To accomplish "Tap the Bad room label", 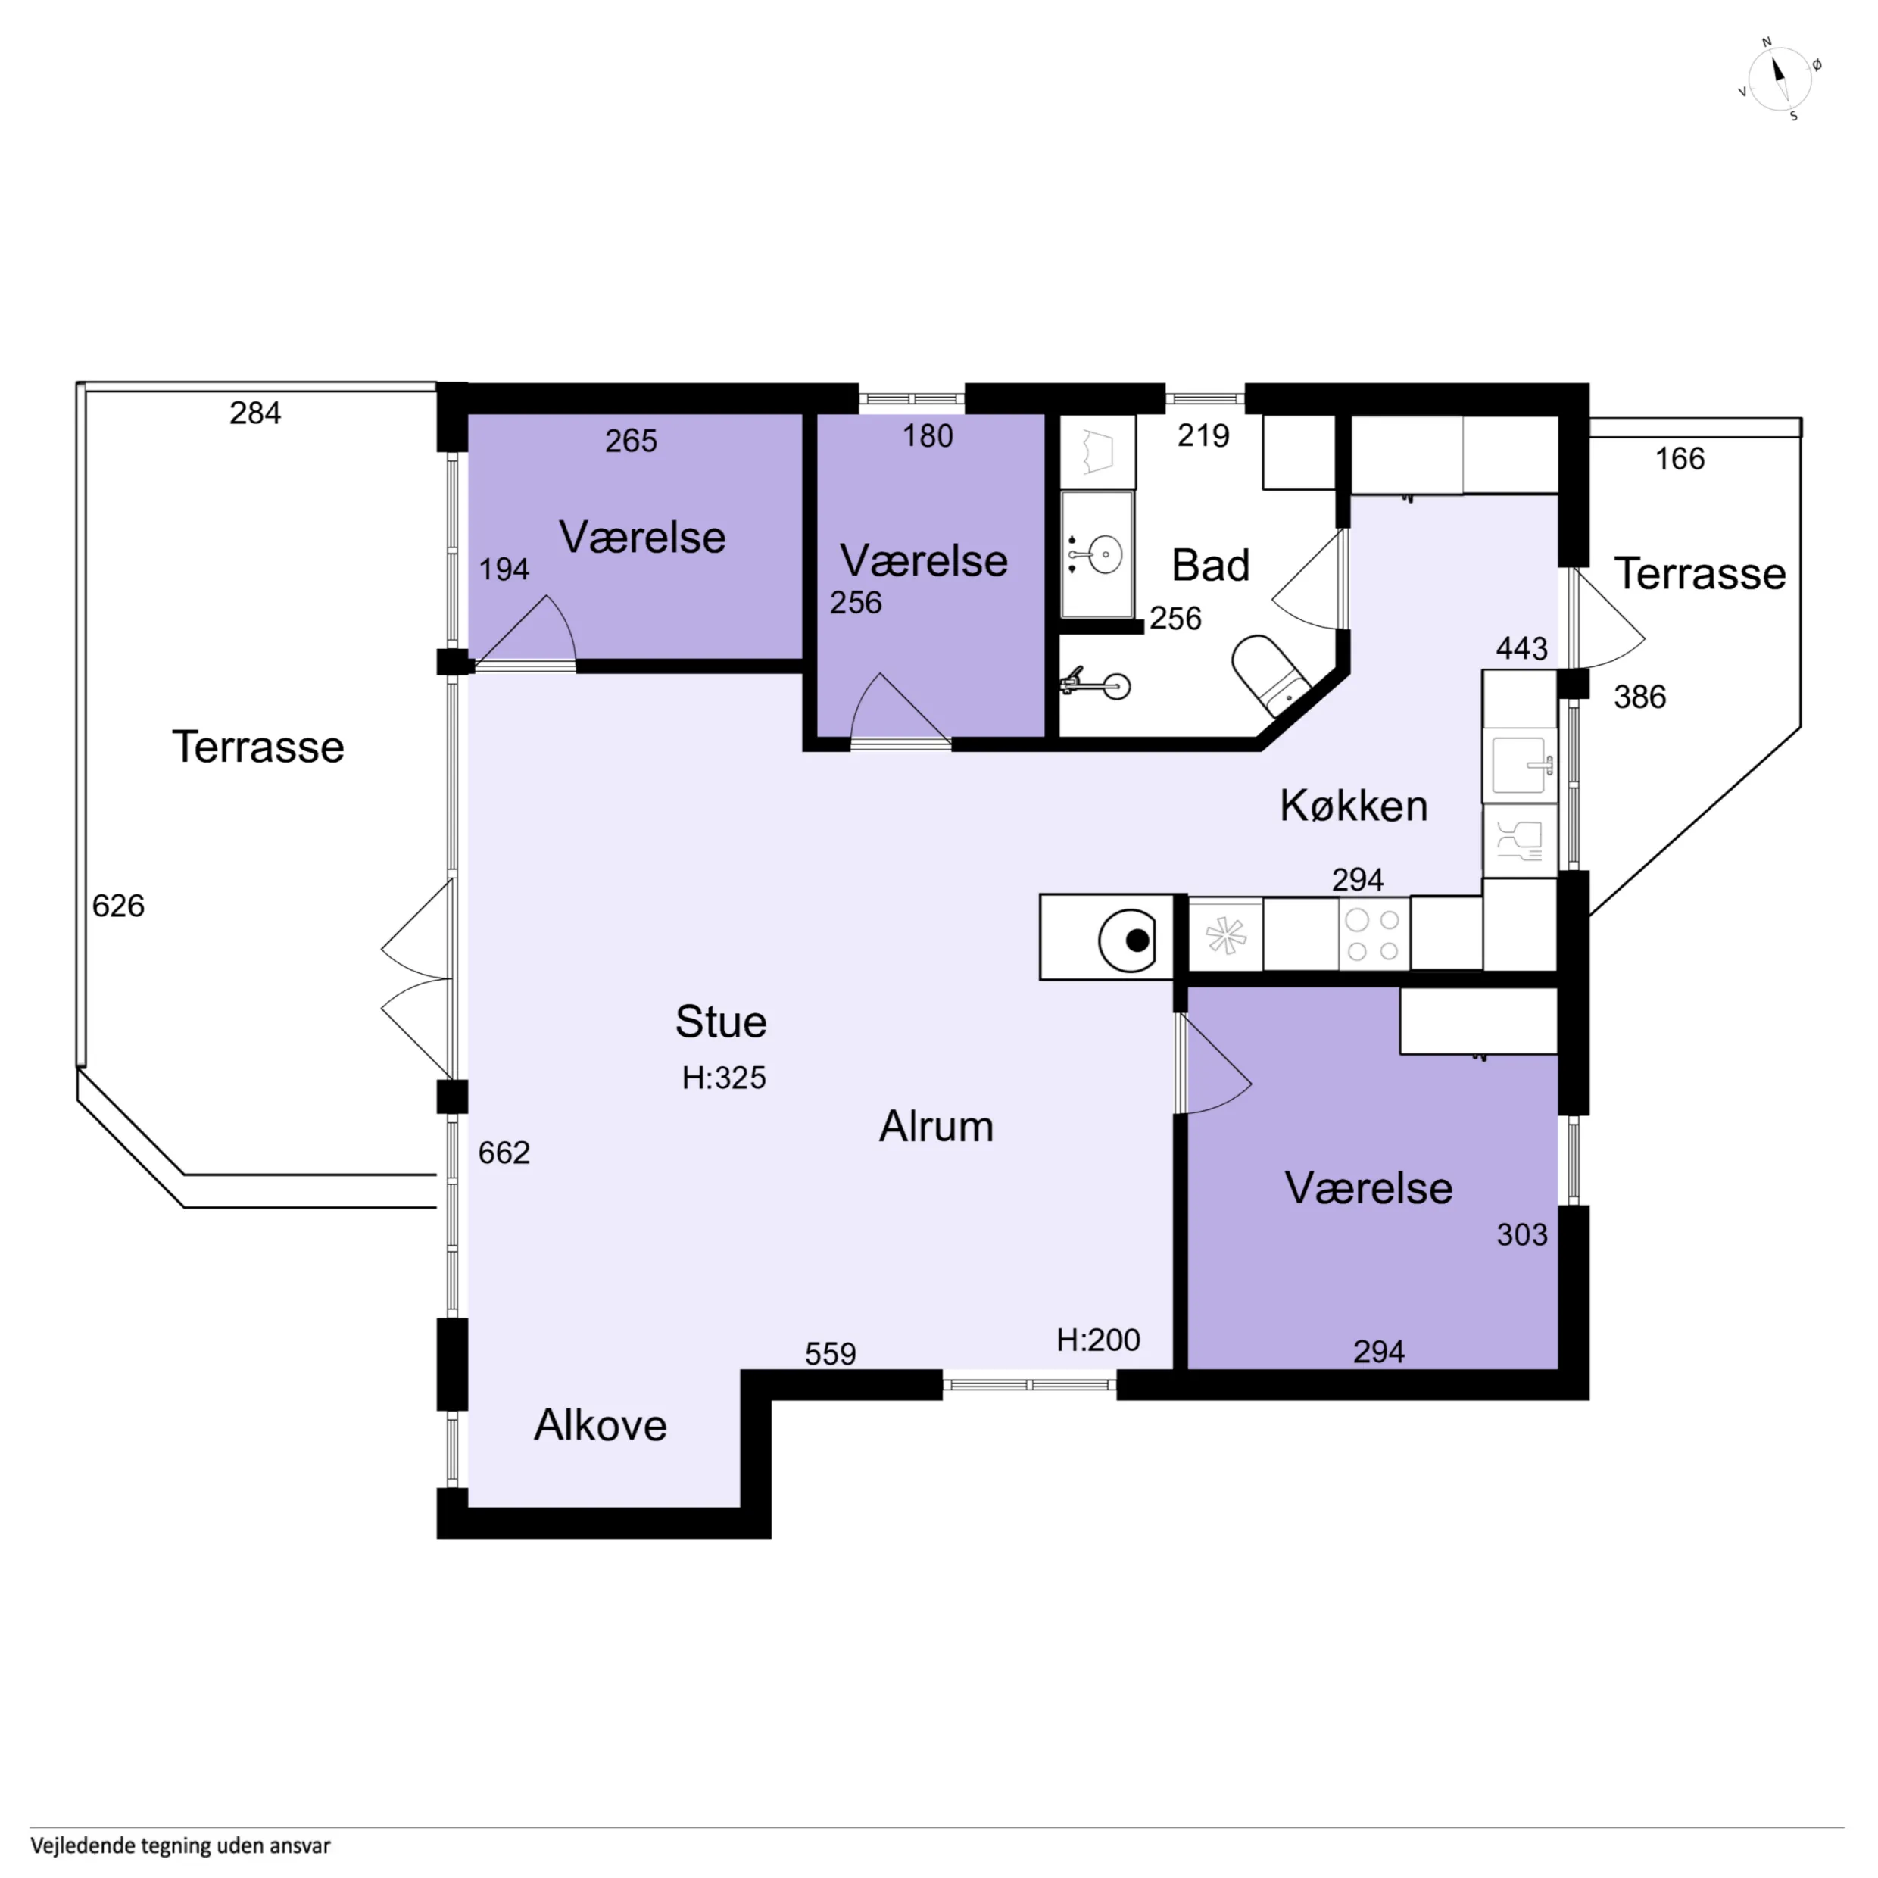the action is [x=1210, y=566].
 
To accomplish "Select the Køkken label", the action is [x=1353, y=806].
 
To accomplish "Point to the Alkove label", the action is [x=601, y=1425].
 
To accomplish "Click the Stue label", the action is [x=721, y=1022].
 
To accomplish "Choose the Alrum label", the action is [x=936, y=1127].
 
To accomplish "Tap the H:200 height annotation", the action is [x=1099, y=1340].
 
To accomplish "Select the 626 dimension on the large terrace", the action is [x=119, y=906].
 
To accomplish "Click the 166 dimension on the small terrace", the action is [x=1680, y=459].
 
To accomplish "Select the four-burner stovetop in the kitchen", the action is [x=1374, y=935].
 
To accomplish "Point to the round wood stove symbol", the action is [x=1128, y=940].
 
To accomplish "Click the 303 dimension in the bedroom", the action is [x=1522, y=1234].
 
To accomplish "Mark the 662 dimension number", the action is [x=504, y=1153].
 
